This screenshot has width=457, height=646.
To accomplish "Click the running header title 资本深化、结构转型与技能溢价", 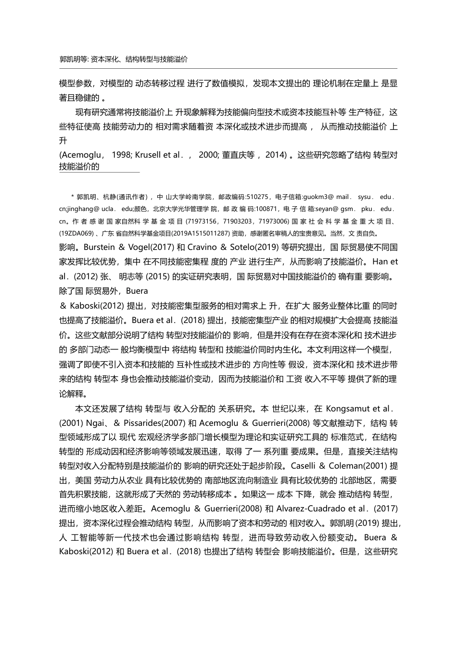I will (x=139, y=60).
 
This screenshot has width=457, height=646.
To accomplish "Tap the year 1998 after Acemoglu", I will (x=121, y=155).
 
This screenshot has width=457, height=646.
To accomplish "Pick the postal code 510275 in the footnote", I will (x=257, y=197).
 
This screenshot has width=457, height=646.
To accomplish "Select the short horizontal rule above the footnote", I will (x=99, y=172).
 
